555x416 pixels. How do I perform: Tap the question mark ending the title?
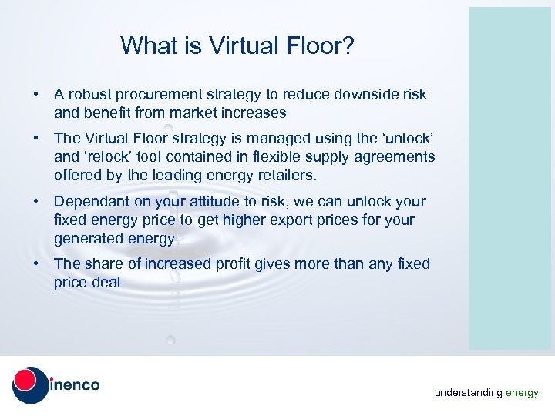348,46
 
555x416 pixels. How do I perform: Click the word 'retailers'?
285,176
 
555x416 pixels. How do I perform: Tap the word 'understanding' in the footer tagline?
468,393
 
